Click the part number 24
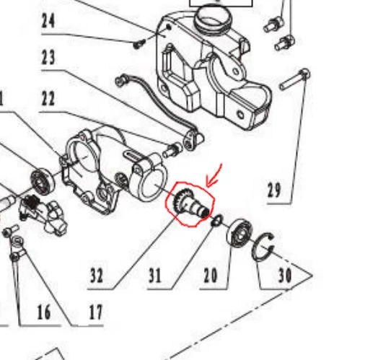(x=48, y=21)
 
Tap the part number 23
(x=48, y=57)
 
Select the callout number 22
(x=48, y=98)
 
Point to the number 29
(x=274, y=190)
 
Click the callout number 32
(x=97, y=276)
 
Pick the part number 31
(x=154, y=276)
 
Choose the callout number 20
(x=210, y=276)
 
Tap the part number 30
(x=285, y=275)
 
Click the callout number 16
(x=44, y=312)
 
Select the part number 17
(x=96, y=312)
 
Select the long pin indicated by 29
(x=294, y=79)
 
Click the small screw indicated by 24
(x=139, y=44)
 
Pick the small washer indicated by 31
(x=217, y=220)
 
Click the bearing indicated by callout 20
(x=240, y=232)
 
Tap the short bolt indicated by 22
(x=172, y=150)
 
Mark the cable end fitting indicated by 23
(x=193, y=139)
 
